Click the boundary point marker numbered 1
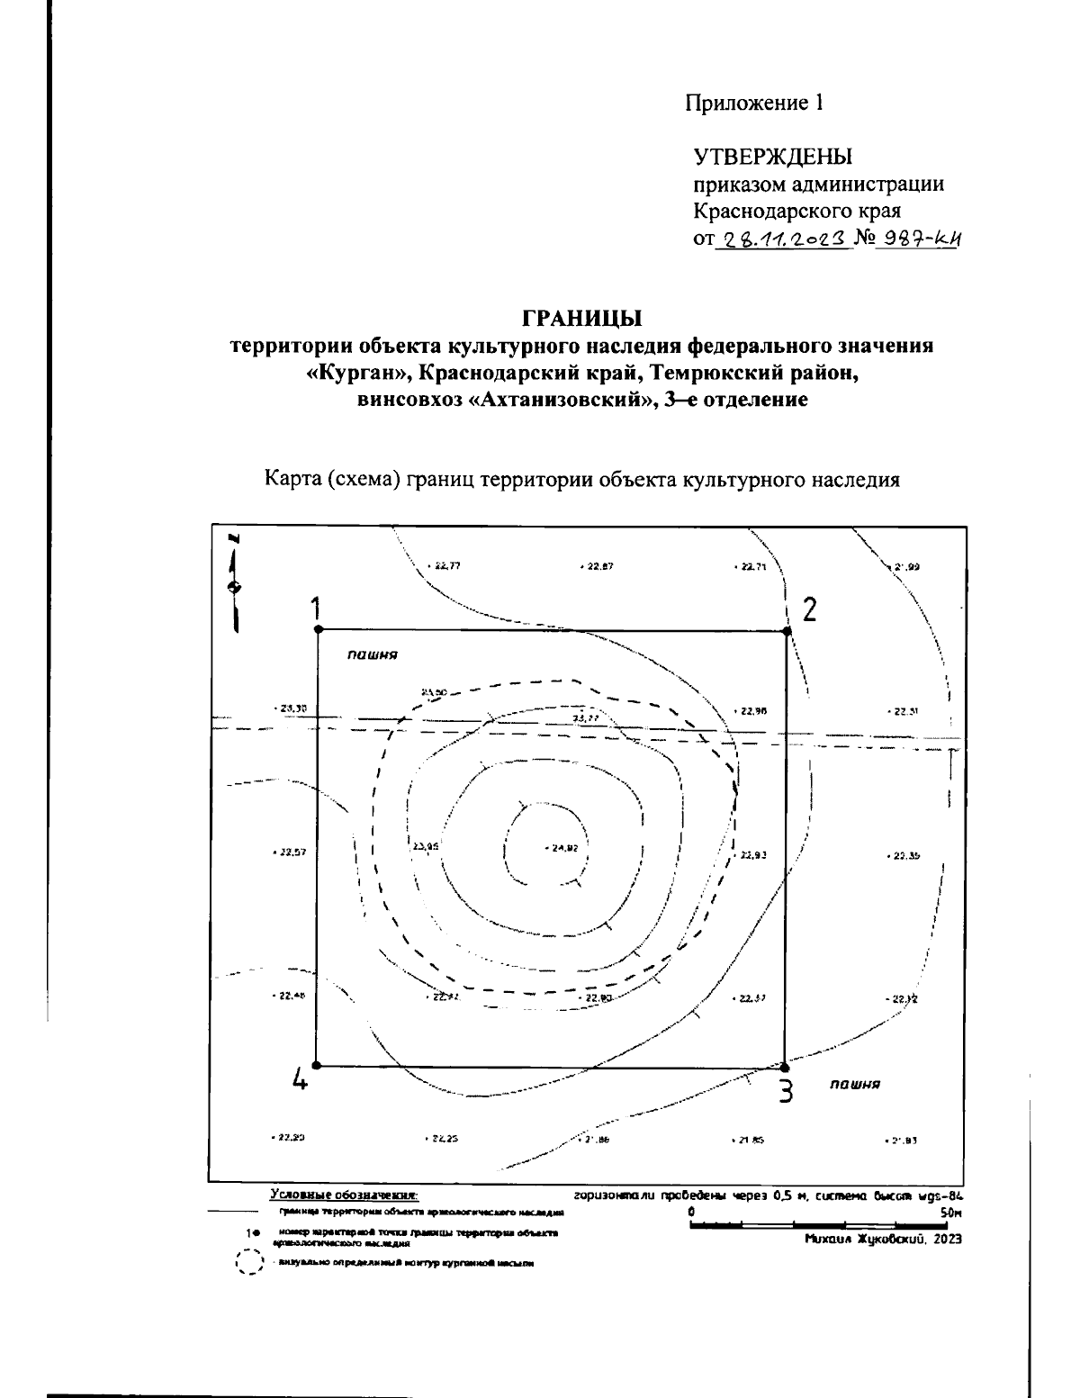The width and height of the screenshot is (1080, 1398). [317, 629]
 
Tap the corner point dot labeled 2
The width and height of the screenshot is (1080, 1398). [787, 631]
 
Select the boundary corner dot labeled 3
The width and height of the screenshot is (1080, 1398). [784, 1067]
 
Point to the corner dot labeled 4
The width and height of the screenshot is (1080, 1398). [316, 1065]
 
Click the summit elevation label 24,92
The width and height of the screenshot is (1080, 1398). [563, 848]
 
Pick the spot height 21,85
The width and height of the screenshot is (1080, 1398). [750, 1140]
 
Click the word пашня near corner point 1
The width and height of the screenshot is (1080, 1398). [373, 656]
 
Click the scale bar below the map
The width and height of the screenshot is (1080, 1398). [819, 1225]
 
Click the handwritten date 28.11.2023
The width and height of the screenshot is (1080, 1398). [781, 239]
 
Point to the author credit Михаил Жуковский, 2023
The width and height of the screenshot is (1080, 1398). [884, 1240]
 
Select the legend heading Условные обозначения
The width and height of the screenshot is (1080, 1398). [344, 1195]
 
